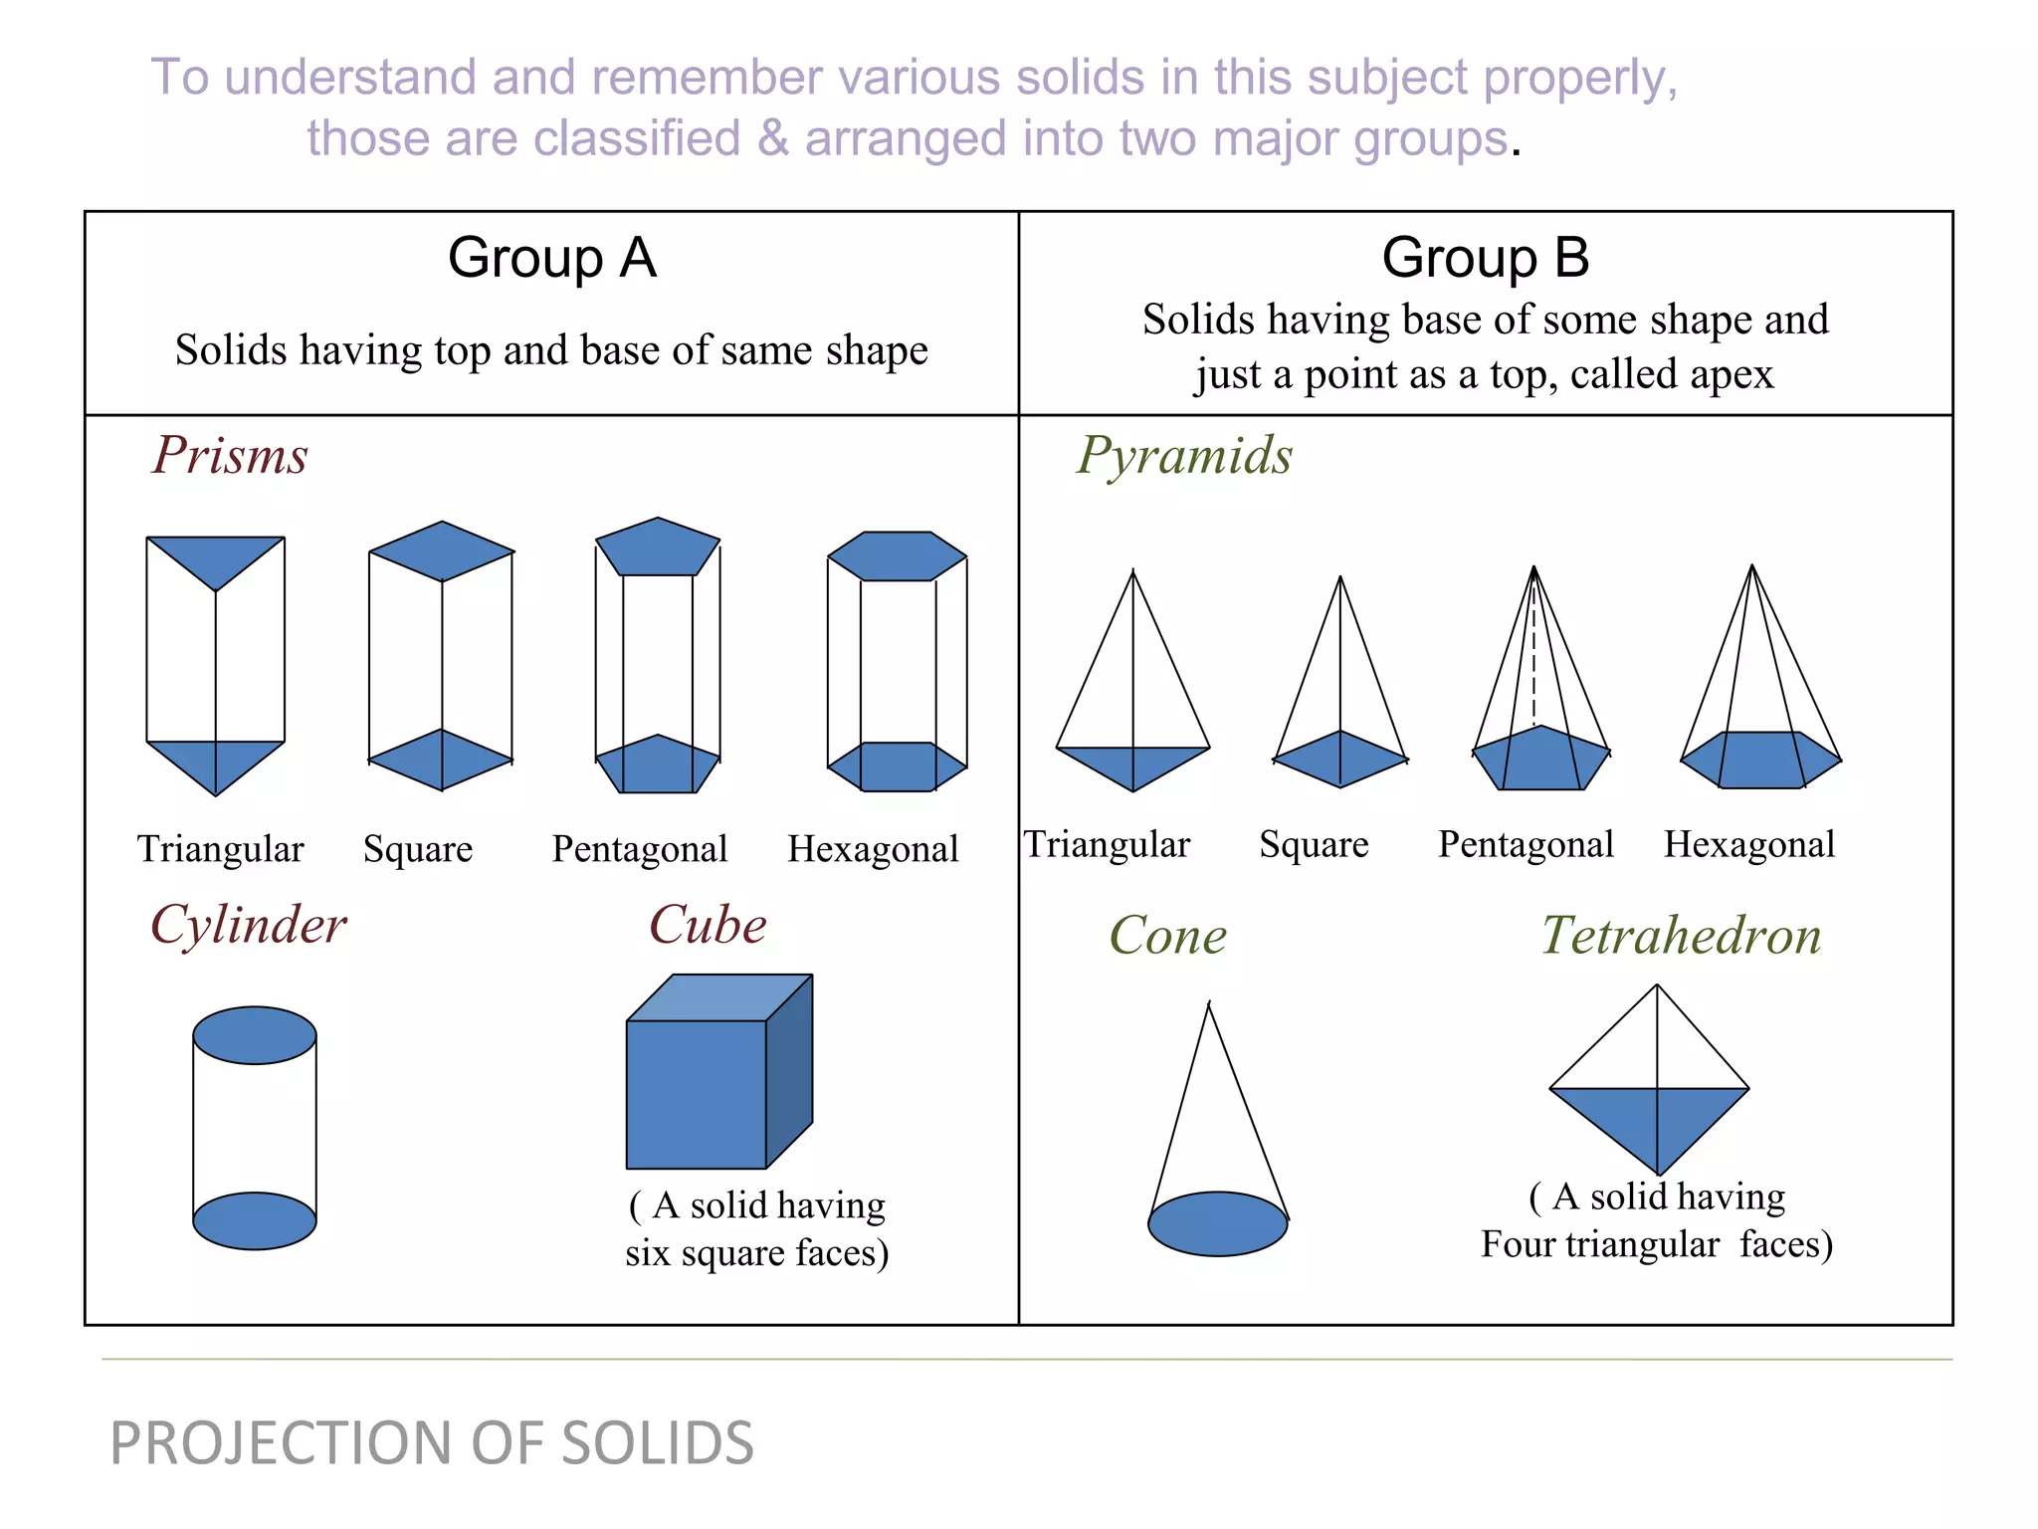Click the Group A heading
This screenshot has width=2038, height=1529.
coord(551,258)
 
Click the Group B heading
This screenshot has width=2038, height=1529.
coord(1485,258)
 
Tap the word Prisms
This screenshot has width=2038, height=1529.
coord(230,456)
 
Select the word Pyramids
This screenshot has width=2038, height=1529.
coord(1184,456)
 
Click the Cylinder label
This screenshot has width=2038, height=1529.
coord(249,925)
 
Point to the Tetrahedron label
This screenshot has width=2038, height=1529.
coord(1682,936)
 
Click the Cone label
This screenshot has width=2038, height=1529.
coord(1168,936)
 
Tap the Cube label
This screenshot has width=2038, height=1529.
coord(708,925)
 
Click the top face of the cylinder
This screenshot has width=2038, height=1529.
coord(255,1035)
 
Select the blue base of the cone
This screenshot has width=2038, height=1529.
coord(1217,1223)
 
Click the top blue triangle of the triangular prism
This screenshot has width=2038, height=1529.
coord(216,557)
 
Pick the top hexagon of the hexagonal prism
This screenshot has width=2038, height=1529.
coord(897,555)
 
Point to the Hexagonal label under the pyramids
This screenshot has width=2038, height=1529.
coord(1748,844)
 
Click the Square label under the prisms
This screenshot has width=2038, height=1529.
coord(418,849)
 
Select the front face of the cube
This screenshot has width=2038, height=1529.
coord(696,1094)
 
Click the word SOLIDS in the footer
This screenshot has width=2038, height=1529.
coord(658,1442)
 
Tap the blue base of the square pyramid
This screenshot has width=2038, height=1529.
coord(1340,759)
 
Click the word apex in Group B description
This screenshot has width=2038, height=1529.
coord(1731,374)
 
